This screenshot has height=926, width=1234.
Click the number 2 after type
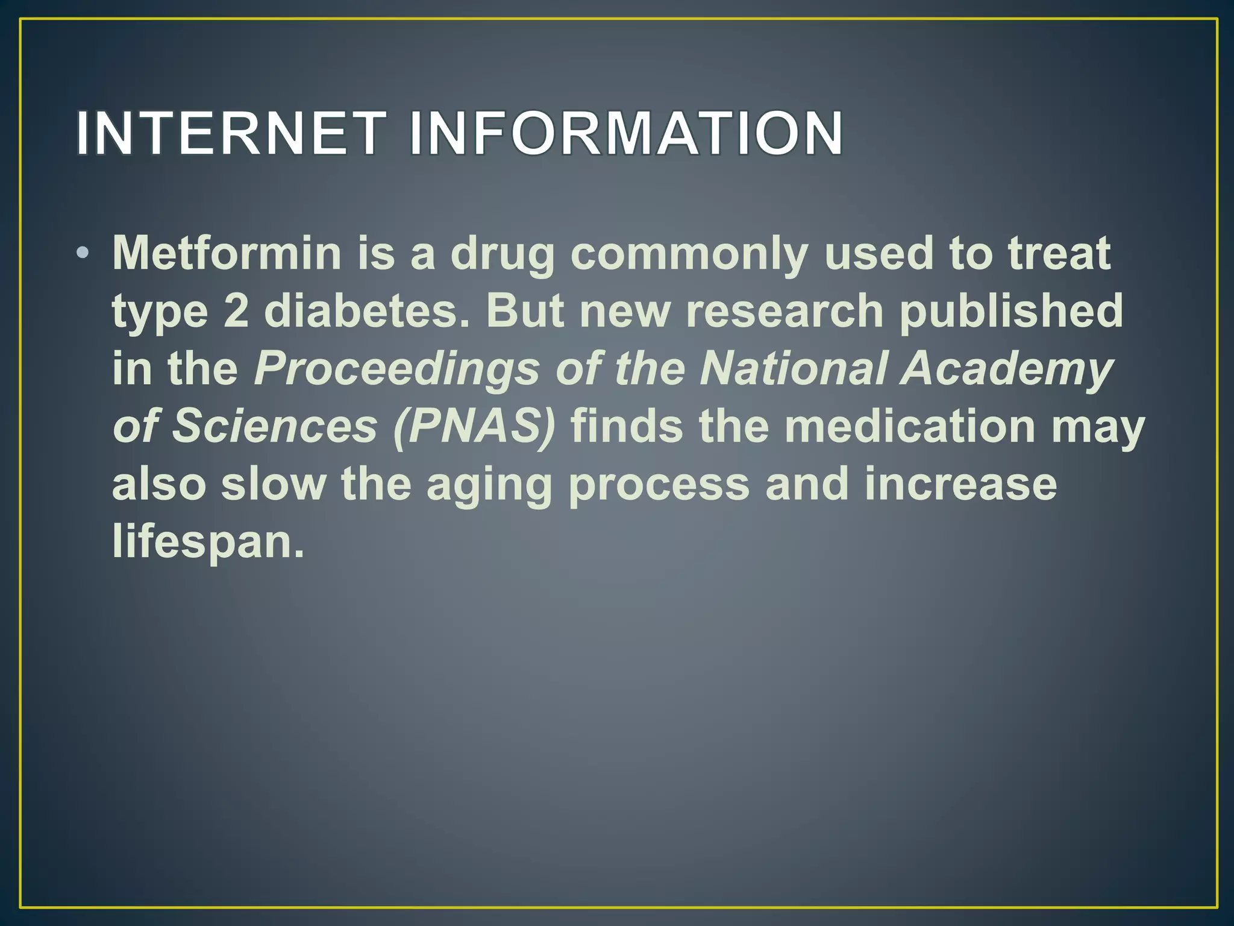(236, 311)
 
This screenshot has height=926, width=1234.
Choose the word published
(1011, 311)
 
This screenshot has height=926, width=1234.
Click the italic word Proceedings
(396, 369)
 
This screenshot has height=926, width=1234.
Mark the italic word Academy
(1006, 369)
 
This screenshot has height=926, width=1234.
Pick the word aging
(489, 485)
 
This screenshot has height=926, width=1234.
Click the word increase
(960, 484)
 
